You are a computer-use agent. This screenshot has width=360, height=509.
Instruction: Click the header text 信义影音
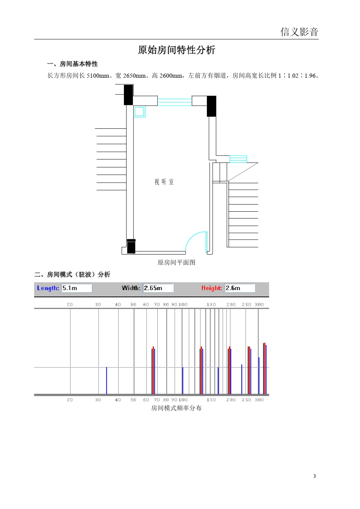click(299, 32)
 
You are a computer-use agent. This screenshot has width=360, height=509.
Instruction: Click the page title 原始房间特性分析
click(177, 50)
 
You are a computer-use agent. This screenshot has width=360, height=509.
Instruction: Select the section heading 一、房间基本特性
click(72, 64)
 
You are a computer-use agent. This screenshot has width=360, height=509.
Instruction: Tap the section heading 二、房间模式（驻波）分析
click(72, 275)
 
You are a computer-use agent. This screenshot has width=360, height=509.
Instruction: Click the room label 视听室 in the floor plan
click(164, 182)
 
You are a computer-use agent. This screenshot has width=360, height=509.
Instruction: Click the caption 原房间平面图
click(176, 262)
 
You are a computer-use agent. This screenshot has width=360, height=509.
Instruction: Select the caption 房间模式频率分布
click(176, 408)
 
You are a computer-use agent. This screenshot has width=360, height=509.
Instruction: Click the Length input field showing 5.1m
click(77, 288)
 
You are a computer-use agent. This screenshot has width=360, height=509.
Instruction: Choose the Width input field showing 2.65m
click(158, 288)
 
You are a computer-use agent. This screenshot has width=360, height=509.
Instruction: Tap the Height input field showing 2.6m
click(239, 288)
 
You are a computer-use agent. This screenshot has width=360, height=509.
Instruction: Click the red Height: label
click(211, 288)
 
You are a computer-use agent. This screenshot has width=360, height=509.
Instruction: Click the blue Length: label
click(48, 288)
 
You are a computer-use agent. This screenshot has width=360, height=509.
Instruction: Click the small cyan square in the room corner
click(139, 111)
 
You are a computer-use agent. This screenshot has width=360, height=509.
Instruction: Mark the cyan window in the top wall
click(174, 102)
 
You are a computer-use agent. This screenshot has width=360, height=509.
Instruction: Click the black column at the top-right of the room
click(211, 106)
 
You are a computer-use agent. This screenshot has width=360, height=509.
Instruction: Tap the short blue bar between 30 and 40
click(106, 380)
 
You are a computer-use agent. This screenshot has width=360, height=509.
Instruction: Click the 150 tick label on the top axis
click(211, 304)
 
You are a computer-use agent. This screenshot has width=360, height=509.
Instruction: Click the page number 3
click(314, 476)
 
